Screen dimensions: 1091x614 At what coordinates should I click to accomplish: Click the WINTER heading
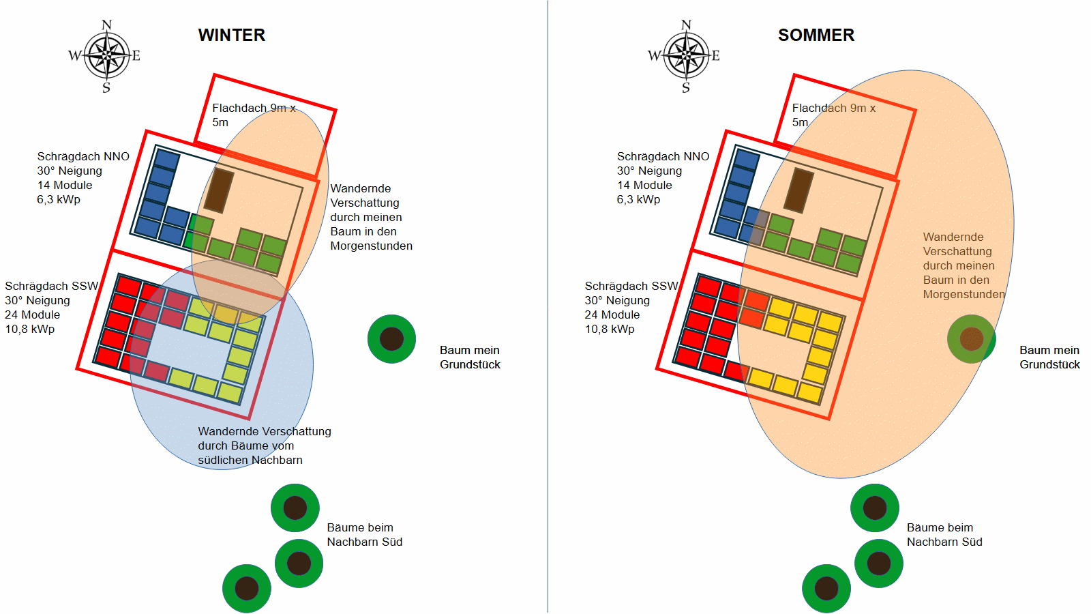pyautogui.click(x=232, y=35)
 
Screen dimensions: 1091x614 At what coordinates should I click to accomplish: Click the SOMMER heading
pyautogui.click(x=816, y=35)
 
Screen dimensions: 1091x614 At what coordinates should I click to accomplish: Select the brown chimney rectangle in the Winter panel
pyautogui.click(x=219, y=190)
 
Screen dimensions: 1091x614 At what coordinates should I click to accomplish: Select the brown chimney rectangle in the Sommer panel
pyautogui.click(x=798, y=190)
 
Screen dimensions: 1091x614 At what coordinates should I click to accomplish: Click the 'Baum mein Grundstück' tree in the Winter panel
pyautogui.click(x=391, y=338)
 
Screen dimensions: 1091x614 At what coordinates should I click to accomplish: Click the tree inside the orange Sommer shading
pyautogui.click(x=971, y=338)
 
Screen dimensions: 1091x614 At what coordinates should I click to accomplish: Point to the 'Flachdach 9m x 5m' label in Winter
pyautogui.click(x=254, y=115)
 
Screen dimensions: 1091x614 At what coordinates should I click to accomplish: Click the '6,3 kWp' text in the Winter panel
pyautogui.click(x=59, y=199)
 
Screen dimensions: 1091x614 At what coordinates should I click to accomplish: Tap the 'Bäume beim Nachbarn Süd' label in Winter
pyautogui.click(x=364, y=535)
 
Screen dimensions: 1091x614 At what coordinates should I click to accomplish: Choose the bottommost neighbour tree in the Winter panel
pyautogui.click(x=246, y=589)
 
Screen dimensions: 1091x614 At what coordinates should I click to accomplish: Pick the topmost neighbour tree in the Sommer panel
pyautogui.click(x=875, y=508)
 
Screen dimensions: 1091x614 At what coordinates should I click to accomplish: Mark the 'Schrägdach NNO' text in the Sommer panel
pyautogui.click(x=663, y=156)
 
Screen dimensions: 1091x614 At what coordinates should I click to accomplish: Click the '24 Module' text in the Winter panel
pyautogui.click(x=33, y=315)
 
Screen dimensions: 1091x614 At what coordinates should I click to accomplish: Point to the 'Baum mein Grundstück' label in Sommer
pyautogui.click(x=1049, y=357)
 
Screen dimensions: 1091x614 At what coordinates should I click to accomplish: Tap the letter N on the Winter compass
pyautogui.click(x=106, y=25)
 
